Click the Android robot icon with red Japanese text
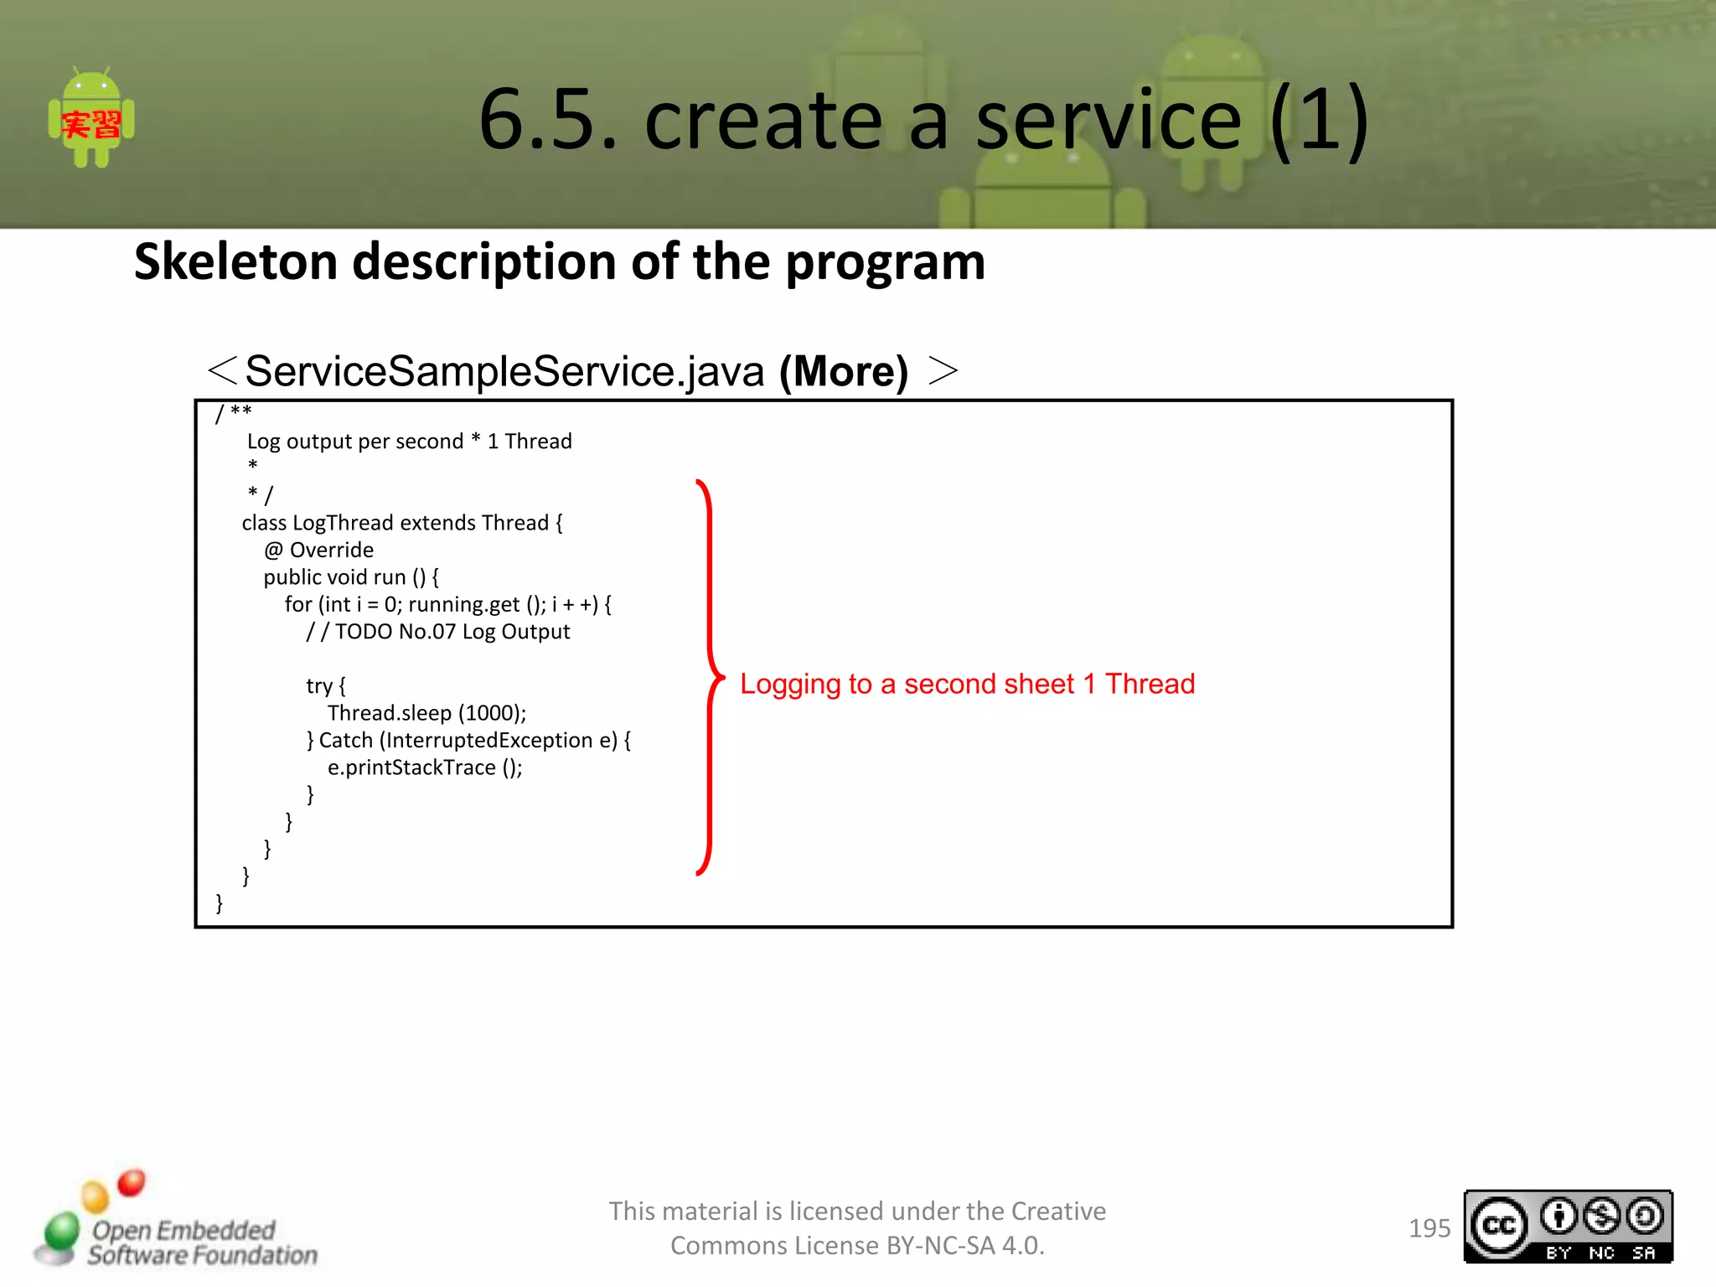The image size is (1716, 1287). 91,118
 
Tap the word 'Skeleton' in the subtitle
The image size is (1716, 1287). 235,261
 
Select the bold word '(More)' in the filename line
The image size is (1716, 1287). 843,371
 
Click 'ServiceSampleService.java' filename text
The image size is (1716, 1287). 504,371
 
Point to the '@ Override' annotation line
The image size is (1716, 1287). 318,550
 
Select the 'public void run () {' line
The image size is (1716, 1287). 350,577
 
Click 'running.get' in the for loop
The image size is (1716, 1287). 463,604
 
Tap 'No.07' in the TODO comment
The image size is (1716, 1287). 426,632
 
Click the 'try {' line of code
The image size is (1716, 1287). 325,686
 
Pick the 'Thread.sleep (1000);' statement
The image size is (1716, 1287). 426,713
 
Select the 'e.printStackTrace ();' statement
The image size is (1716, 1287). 424,768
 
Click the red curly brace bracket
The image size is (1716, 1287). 710,677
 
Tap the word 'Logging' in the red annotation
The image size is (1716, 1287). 789,685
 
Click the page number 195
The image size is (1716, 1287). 1429,1228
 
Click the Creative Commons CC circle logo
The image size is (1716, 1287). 1498,1227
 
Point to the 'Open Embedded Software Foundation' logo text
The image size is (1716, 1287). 201,1243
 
